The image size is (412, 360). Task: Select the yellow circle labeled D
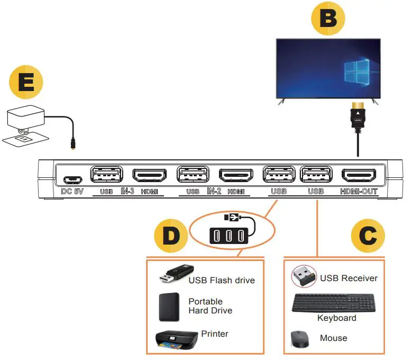pos(171,237)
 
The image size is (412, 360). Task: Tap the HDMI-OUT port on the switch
pos(359,175)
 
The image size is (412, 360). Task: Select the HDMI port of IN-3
pos(149,175)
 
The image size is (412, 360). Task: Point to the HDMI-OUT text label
pos(359,191)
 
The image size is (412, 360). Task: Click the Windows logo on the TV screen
pos(355,72)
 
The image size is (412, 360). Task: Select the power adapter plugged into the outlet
pos(27,119)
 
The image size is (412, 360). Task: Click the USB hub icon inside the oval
pos(230,234)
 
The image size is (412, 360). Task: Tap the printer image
pos(175,339)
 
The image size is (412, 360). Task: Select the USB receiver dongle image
pos(303,275)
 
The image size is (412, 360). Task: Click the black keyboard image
pos(333,303)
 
